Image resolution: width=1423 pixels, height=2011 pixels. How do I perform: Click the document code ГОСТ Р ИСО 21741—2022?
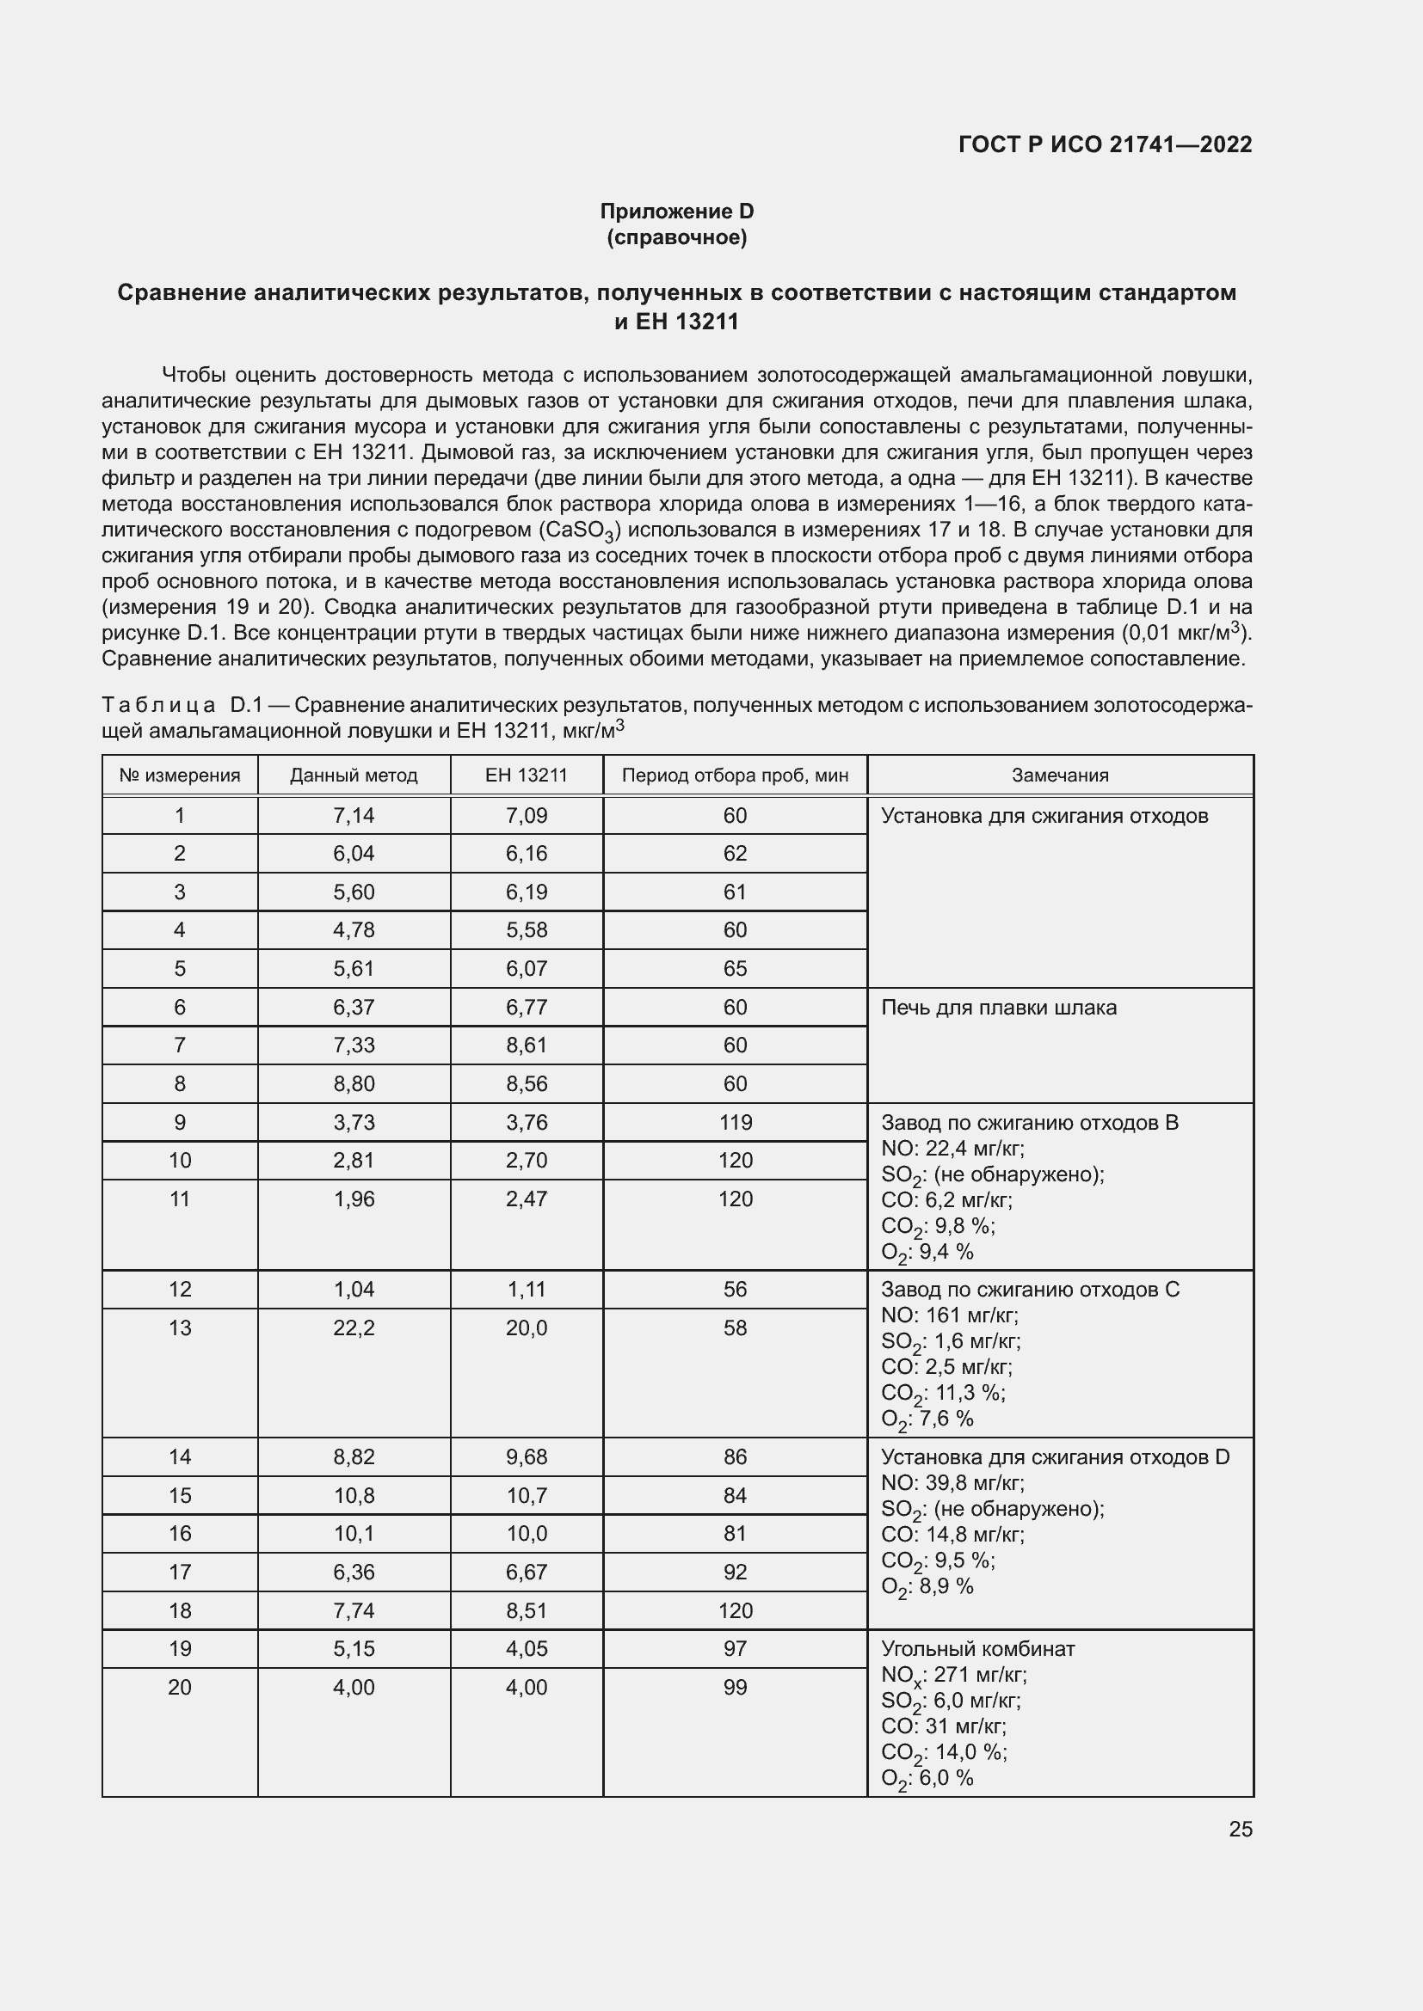click(1105, 144)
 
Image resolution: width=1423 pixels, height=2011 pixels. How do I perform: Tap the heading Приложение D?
click(676, 212)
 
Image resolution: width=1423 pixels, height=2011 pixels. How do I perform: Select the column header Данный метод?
click(354, 776)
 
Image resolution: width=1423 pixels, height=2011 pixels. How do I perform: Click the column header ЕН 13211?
click(526, 776)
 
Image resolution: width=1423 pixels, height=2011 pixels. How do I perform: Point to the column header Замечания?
click(1059, 776)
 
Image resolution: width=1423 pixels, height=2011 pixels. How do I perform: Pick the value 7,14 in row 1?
click(354, 815)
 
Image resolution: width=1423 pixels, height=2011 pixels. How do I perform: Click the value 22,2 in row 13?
click(354, 1327)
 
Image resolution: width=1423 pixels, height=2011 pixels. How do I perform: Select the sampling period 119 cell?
click(734, 1122)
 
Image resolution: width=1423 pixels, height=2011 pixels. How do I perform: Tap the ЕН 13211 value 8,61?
click(526, 1045)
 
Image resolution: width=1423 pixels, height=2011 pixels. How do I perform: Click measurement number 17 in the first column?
click(180, 1573)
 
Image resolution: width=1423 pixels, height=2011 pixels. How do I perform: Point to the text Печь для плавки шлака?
click(998, 1008)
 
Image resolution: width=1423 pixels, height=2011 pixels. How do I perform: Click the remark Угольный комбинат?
click(977, 1648)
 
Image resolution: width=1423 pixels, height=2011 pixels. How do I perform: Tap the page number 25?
click(1240, 1829)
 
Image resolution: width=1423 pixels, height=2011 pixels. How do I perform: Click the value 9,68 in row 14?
click(526, 1456)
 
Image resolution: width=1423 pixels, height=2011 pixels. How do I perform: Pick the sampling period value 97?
click(734, 1648)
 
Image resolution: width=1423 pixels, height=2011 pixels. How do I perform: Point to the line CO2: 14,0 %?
click(943, 1752)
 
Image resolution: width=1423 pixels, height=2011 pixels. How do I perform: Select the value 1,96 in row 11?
click(354, 1199)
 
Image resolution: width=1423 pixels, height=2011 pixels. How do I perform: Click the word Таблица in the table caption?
click(158, 705)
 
